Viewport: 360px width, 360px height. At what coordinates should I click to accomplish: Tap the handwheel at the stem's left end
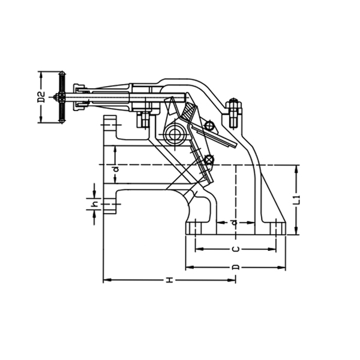tap(61, 97)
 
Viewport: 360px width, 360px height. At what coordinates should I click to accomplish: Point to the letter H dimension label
tap(170, 280)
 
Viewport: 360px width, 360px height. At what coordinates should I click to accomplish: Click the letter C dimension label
tap(236, 248)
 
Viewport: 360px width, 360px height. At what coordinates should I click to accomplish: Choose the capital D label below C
tap(236, 266)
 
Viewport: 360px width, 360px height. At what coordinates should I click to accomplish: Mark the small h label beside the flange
tap(95, 205)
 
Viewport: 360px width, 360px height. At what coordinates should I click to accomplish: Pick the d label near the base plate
tap(235, 222)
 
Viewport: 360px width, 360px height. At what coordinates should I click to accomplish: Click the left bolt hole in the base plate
tap(196, 229)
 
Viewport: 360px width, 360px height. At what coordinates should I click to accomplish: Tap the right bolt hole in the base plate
tap(275, 229)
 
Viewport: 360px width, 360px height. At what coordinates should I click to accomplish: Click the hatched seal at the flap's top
tap(190, 112)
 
